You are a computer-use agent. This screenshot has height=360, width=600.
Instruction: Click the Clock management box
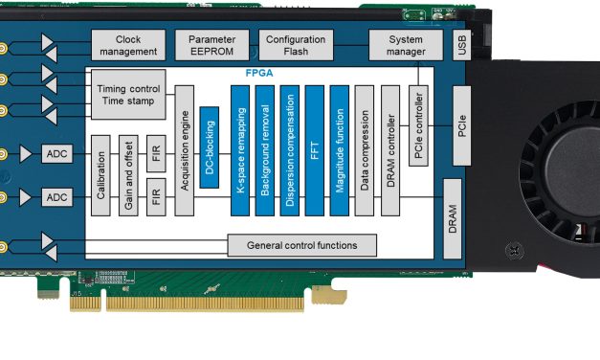(x=128, y=44)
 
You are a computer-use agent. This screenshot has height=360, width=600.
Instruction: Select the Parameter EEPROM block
(x=211, y=44)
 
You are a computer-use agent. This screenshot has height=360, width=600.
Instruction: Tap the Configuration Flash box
(x=296, y=44)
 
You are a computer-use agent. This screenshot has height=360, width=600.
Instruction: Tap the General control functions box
(x=301, y=245)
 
